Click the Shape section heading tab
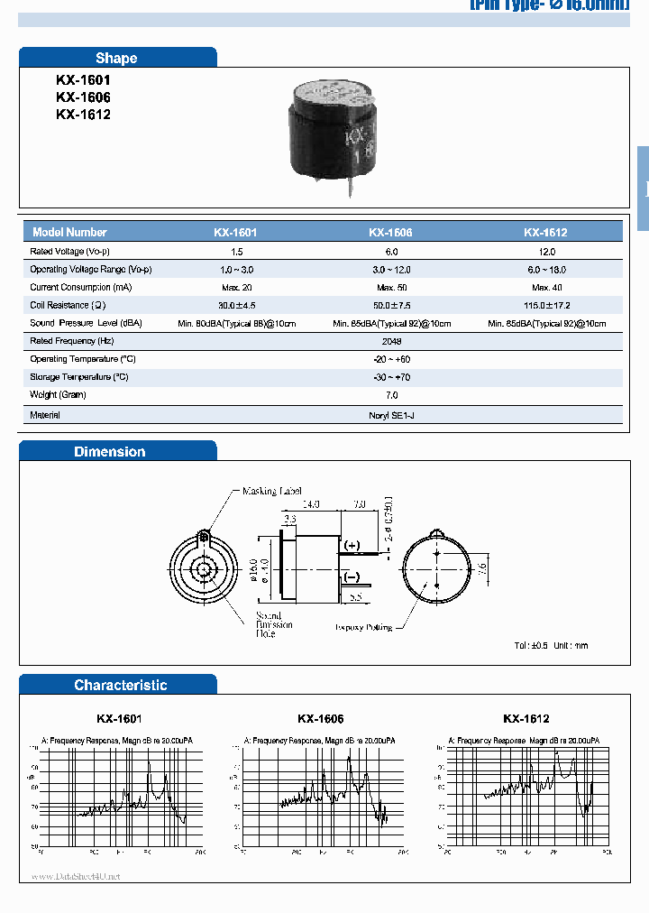[x=116, y=58]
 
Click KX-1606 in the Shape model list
[x=83, y=97]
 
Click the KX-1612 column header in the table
[x=544, y=232]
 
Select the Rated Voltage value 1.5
[x=236, y=252]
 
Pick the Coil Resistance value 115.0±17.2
[x=545, y=305]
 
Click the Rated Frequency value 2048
[x=391, y=341]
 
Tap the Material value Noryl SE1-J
[x=391, y=415]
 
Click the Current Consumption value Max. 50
[x=390, y=287]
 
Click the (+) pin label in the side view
[x=352, y=546]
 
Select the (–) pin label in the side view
[x=352, y=577]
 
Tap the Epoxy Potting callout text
[x=363, y=626]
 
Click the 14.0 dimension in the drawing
[x=311, y=503]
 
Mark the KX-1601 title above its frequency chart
[x=119, y=719]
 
